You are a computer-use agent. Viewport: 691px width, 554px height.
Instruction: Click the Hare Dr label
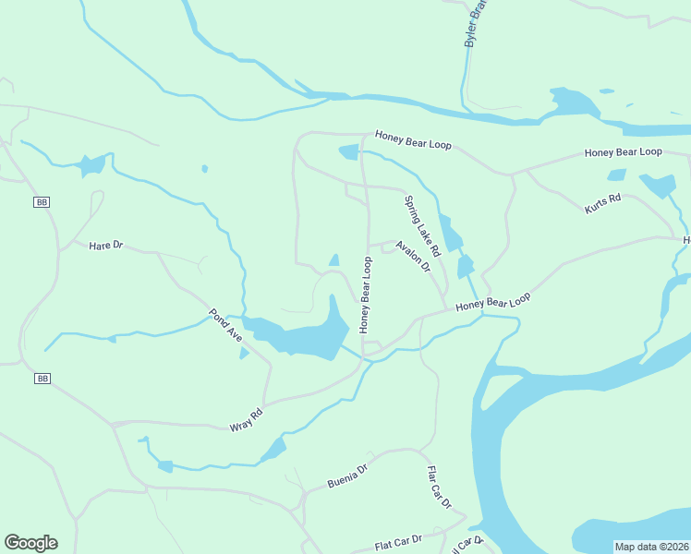tap(105, 246)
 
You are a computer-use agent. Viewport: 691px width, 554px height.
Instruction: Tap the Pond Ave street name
tap(226, 326)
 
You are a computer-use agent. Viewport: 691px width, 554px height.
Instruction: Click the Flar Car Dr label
tap(439, 488)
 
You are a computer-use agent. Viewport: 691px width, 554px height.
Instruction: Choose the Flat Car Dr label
tap(398, 539)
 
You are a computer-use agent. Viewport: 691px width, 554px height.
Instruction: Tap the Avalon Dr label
tap(413, 256)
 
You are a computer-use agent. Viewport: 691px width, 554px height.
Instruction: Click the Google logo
tap(30, 543)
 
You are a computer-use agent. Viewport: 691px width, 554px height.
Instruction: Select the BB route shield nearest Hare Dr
tap(41, 201)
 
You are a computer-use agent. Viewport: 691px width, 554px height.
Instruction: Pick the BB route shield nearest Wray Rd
tap(42, 379)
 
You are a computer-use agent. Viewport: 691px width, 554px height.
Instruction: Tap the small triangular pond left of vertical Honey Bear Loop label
tap(333, 260)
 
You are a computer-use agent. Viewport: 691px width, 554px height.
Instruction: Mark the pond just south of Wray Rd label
tap(273, 451)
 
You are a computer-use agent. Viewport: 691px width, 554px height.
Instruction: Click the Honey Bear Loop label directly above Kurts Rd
tap(624, 151)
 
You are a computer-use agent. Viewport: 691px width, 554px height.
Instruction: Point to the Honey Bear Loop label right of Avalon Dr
tap(493, 302)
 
